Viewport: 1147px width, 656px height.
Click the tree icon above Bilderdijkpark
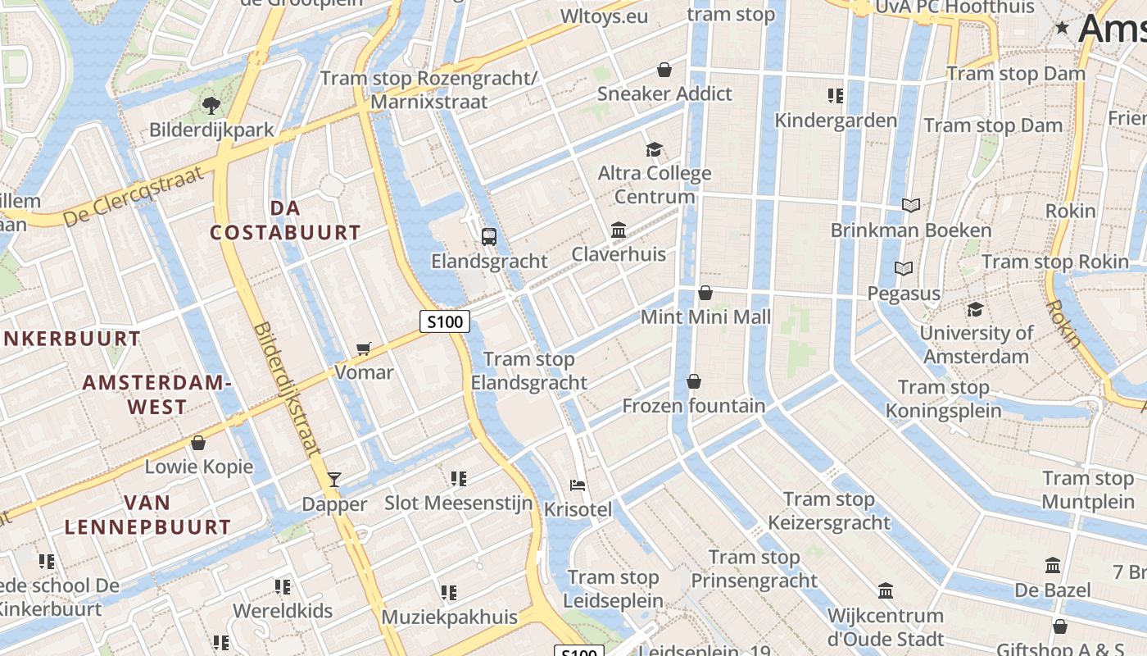click(x=211, y=105)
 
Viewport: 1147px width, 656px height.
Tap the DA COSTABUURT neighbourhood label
click(x=285, y=221)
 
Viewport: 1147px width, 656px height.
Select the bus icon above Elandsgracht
click(x=489, y=237)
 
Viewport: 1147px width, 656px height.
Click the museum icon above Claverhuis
click(x=619, y=230)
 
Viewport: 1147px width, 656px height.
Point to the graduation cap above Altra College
click(x=654, y=149)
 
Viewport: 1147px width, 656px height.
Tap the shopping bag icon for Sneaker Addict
click(x=664, y=70)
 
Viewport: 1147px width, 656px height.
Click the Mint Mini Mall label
click(x=705, y=317)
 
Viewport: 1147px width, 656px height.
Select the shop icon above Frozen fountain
click(x=694, y=381)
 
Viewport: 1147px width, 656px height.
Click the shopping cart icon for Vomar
click(x=364, y=348)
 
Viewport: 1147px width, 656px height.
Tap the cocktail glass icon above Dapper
click(x=333, y=479)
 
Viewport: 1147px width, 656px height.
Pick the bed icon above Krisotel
click(x=578, y=485)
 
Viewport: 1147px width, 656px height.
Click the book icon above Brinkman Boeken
click(x=910, y=205)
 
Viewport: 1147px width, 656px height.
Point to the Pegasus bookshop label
click(x=904, y=293)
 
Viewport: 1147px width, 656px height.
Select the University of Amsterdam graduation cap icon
click(x=975, y=309)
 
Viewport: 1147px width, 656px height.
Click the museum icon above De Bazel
click(x=1053, y=565)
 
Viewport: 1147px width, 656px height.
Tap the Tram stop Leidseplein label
click(x=614, y=589)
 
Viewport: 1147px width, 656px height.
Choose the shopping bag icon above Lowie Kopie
click(x=198, y=443)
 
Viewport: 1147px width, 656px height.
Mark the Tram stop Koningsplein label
click(x=944, y=399)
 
